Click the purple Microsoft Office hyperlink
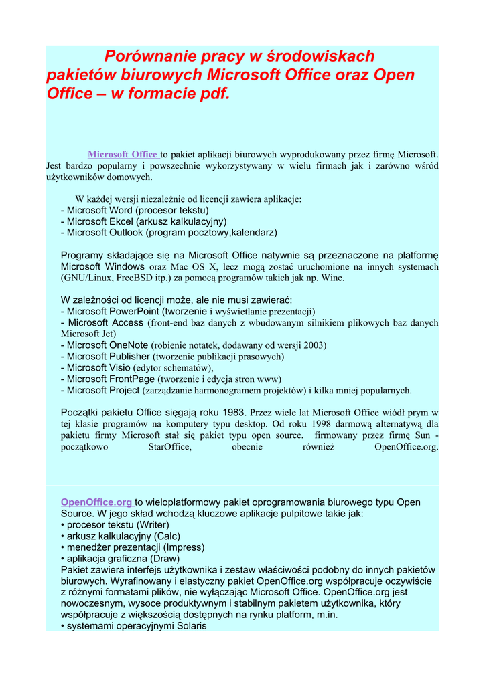click(123, 155)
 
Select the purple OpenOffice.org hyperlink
click(96, 502)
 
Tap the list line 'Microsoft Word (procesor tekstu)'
click(135, 210)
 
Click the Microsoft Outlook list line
click(169, 233)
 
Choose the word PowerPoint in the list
click(134, 311)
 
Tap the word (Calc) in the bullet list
click(167, 536)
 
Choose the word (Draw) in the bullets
click(165, 559)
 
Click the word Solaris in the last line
click(188, 626)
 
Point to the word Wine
click(331, 278)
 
